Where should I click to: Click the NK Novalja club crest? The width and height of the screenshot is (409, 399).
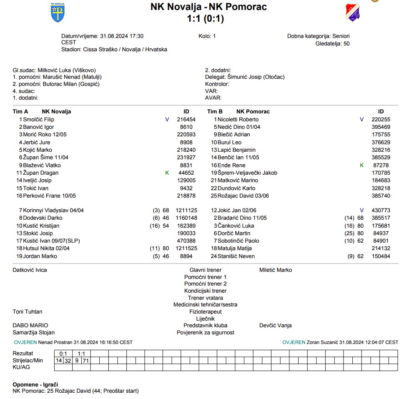[x=57, y=13]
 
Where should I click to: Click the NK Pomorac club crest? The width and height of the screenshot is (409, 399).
[x=352, y=12]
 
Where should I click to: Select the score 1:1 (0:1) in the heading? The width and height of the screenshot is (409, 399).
[x=206, y=18]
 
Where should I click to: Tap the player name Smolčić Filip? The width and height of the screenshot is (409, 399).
[x=39, y=119]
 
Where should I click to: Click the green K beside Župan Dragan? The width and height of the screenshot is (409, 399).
[x=167, y=173]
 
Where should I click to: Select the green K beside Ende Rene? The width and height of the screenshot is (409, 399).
[x=362, y=165]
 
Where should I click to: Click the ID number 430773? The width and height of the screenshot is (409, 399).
[x=381, y=210]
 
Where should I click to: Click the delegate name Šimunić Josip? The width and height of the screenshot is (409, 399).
[x=242, y=77]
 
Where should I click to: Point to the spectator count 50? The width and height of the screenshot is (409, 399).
[x=346, y=43]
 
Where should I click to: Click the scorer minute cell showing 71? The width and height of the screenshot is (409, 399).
[x=85, y=360]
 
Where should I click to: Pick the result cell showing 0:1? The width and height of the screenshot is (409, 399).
[x=63, y=354]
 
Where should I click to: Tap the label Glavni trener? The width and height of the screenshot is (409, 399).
[x=205, y=270]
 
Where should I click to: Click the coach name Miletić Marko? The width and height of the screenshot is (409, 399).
[x=276, y=270]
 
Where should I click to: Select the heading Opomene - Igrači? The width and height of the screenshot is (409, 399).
[x=35, y=384]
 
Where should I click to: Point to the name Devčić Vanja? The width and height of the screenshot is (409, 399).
[x=275, y=325]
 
